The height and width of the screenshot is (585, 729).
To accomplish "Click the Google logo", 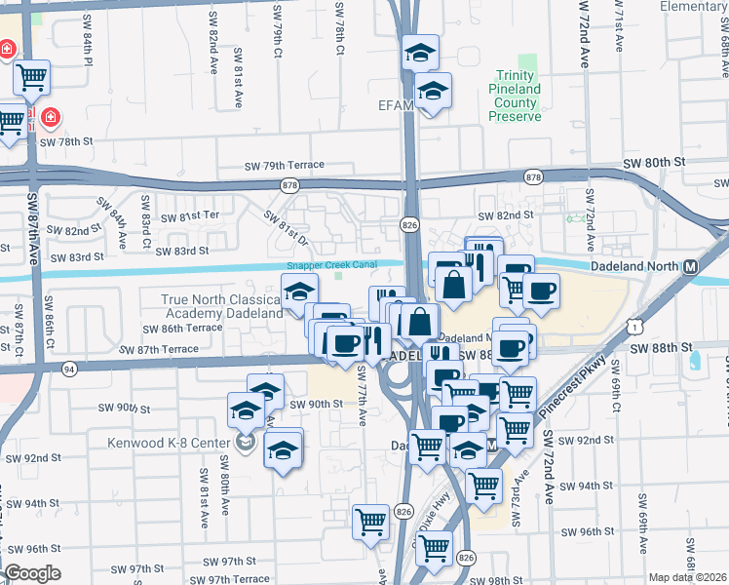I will [33, 573].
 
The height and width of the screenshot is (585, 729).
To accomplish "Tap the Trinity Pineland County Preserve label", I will [515, 96].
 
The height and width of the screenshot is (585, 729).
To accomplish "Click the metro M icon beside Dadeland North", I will [690, 266].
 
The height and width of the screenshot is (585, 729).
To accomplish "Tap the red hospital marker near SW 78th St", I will [51, 118].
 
